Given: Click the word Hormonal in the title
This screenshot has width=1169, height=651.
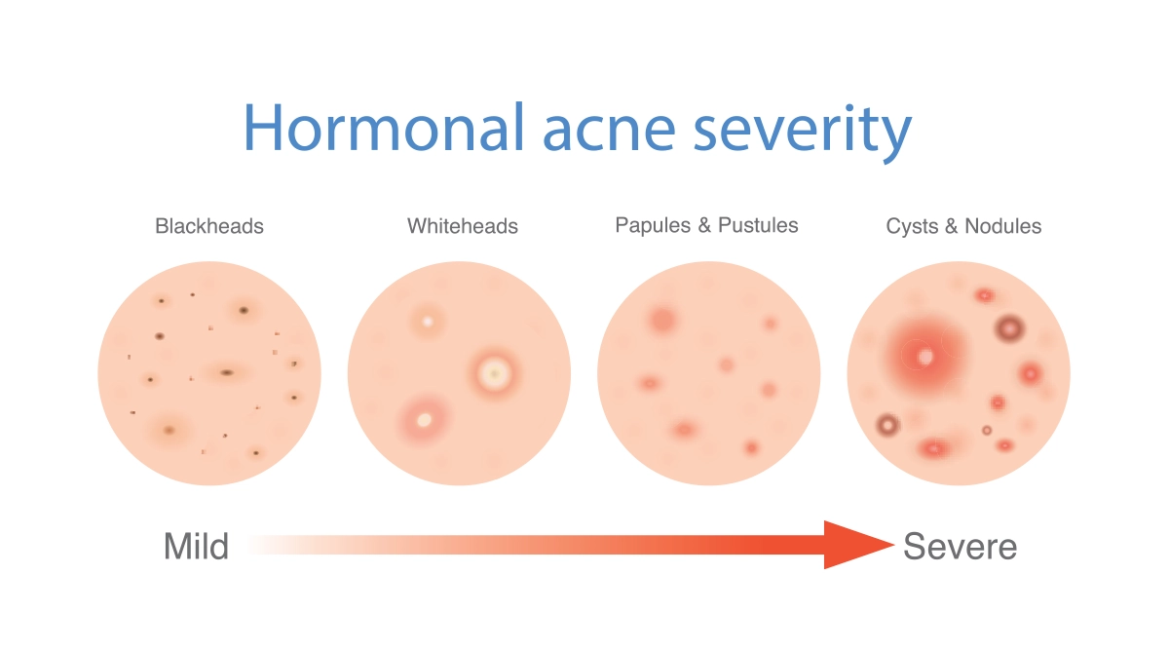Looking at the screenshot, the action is pos(384,127).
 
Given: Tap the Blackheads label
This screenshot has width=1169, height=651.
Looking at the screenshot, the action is pos(209,226).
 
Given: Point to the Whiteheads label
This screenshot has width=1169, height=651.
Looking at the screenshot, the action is pos(463,226).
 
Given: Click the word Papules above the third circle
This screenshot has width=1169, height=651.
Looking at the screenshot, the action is pos(653,225).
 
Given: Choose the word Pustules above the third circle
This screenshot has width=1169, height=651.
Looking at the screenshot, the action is pos(758,225).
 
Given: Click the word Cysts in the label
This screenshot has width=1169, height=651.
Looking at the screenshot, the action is pos(911,226).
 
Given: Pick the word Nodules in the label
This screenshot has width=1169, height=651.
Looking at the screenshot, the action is pos(1003,226).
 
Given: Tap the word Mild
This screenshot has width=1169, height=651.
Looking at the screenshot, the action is pos(196,547).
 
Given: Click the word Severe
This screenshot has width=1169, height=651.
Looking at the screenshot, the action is pos(961,547).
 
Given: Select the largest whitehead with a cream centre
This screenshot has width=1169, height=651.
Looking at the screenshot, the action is pos(494,374).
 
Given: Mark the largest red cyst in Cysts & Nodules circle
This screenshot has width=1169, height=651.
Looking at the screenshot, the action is pos(924,356).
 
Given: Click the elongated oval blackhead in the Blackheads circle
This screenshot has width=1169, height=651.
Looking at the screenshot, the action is pos(226,372).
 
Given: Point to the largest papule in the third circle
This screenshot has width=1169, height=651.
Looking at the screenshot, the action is pos(662,320).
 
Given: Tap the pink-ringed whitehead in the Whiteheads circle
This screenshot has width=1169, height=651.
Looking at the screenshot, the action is pos(425,420).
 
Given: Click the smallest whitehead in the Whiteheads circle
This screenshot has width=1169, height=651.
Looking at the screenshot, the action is pos(428,321).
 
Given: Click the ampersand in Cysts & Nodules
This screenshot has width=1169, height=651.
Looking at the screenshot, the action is pos(951,226).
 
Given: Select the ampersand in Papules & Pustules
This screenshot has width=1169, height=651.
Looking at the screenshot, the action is pos(704,225).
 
